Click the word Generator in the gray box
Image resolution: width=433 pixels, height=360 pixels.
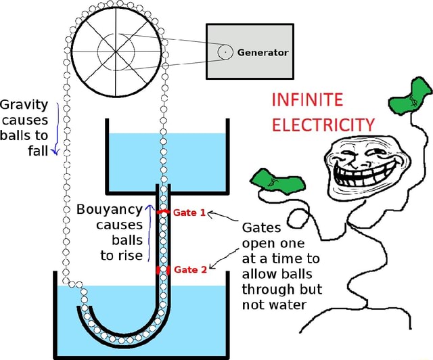[x=263, y=52]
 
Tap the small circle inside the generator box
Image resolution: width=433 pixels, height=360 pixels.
[x=224, y=51]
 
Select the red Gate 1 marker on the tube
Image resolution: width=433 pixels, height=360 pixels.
[x=163, y=212]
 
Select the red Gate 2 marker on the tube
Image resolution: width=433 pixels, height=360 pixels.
[x=163, y=269]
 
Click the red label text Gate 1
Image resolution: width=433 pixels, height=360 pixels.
[x=185, y=212]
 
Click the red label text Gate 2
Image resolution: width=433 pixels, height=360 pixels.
[x=185, y=270]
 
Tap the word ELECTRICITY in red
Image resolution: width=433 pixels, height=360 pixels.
[x=322, y=125]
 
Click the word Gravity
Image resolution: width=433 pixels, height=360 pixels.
[x=24, y=105]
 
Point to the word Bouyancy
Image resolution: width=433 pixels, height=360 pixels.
[x=109, y=209]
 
